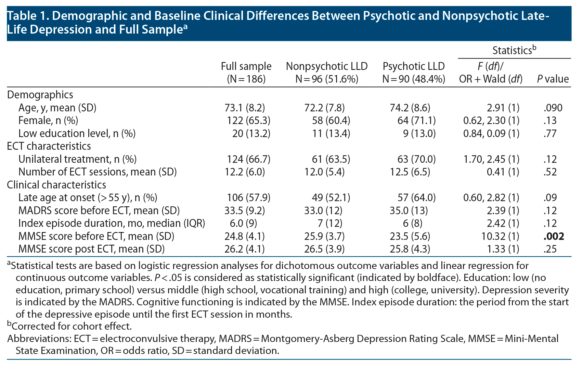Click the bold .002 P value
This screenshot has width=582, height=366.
554,236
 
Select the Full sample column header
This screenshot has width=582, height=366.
246,72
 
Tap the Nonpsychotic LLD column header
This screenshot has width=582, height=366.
327,72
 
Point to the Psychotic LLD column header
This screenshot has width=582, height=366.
414,72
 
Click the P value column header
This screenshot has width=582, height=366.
553,79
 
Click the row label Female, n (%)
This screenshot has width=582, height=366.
48,121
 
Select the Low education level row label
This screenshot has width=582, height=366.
77,133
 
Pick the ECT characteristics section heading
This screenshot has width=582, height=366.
49,146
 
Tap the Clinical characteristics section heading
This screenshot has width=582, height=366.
56,185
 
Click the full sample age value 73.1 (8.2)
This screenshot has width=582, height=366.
245,108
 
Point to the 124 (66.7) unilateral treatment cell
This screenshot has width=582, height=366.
248,159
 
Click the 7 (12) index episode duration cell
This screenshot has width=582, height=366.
329,223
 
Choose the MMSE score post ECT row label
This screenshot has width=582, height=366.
91,249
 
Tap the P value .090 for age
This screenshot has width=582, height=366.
553,108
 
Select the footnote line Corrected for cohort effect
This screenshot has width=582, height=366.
71,326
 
